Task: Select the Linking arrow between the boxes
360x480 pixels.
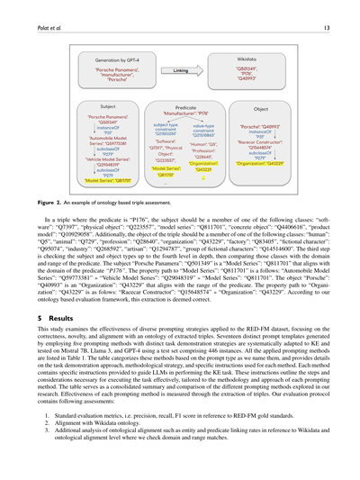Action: click(x=180, y=70)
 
